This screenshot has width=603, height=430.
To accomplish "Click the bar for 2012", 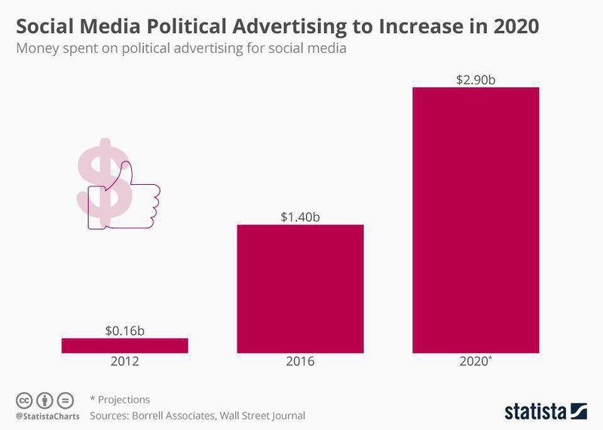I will pos(124,345).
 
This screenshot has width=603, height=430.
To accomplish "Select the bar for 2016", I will pos(300,288).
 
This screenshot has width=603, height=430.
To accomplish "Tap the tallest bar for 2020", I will pos(476,220).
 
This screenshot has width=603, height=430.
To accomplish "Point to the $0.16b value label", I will pos(125,330).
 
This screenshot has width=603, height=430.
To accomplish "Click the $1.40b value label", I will pos(300,217).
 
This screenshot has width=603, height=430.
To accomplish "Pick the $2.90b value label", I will pos(476,79).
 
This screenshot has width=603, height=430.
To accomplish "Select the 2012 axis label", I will pos(125,361).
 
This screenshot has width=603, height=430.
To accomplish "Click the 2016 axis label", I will pos(300,361).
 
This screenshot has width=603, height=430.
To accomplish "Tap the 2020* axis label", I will pos(476,361).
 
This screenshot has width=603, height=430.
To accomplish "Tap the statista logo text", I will pos(537,411).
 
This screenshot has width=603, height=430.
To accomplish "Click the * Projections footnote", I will pos(120,399).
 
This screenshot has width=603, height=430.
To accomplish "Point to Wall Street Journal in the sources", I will pos(268,415).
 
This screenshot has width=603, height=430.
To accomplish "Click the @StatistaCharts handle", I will pos(44,416).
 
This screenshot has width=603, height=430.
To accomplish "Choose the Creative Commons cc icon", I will pos(24,400).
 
